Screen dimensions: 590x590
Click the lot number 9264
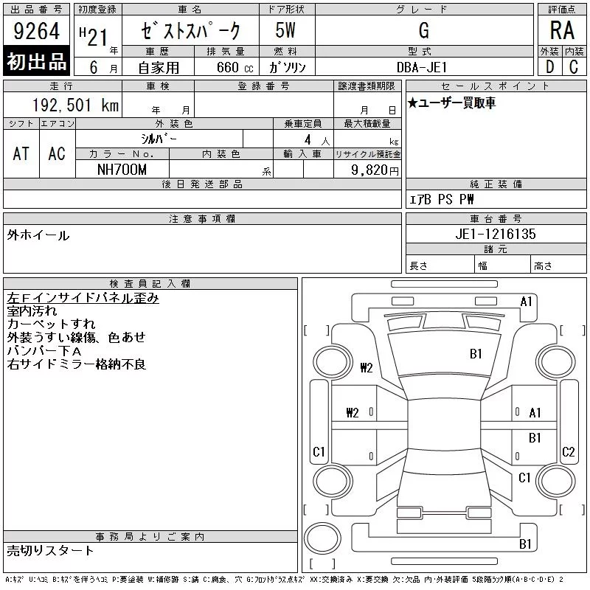36,31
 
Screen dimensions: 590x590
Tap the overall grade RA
562,30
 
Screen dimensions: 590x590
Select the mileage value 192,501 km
75,105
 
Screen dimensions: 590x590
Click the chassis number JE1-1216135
496,234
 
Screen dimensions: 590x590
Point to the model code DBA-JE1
422,67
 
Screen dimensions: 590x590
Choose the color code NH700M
122,170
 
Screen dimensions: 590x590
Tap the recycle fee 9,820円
375,170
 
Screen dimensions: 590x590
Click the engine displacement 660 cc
235,67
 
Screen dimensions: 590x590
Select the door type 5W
285,30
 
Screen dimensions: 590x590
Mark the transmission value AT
21,153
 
